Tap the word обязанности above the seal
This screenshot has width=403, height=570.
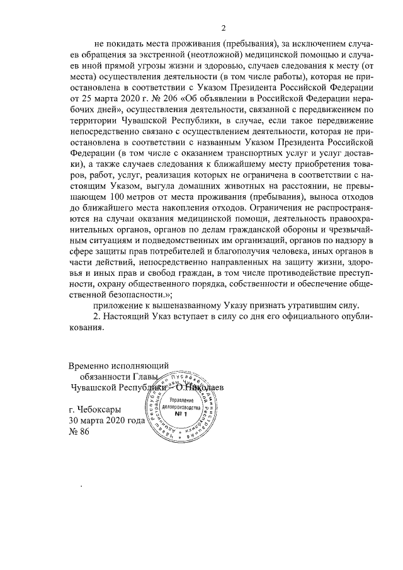click(x=98, y=376)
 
